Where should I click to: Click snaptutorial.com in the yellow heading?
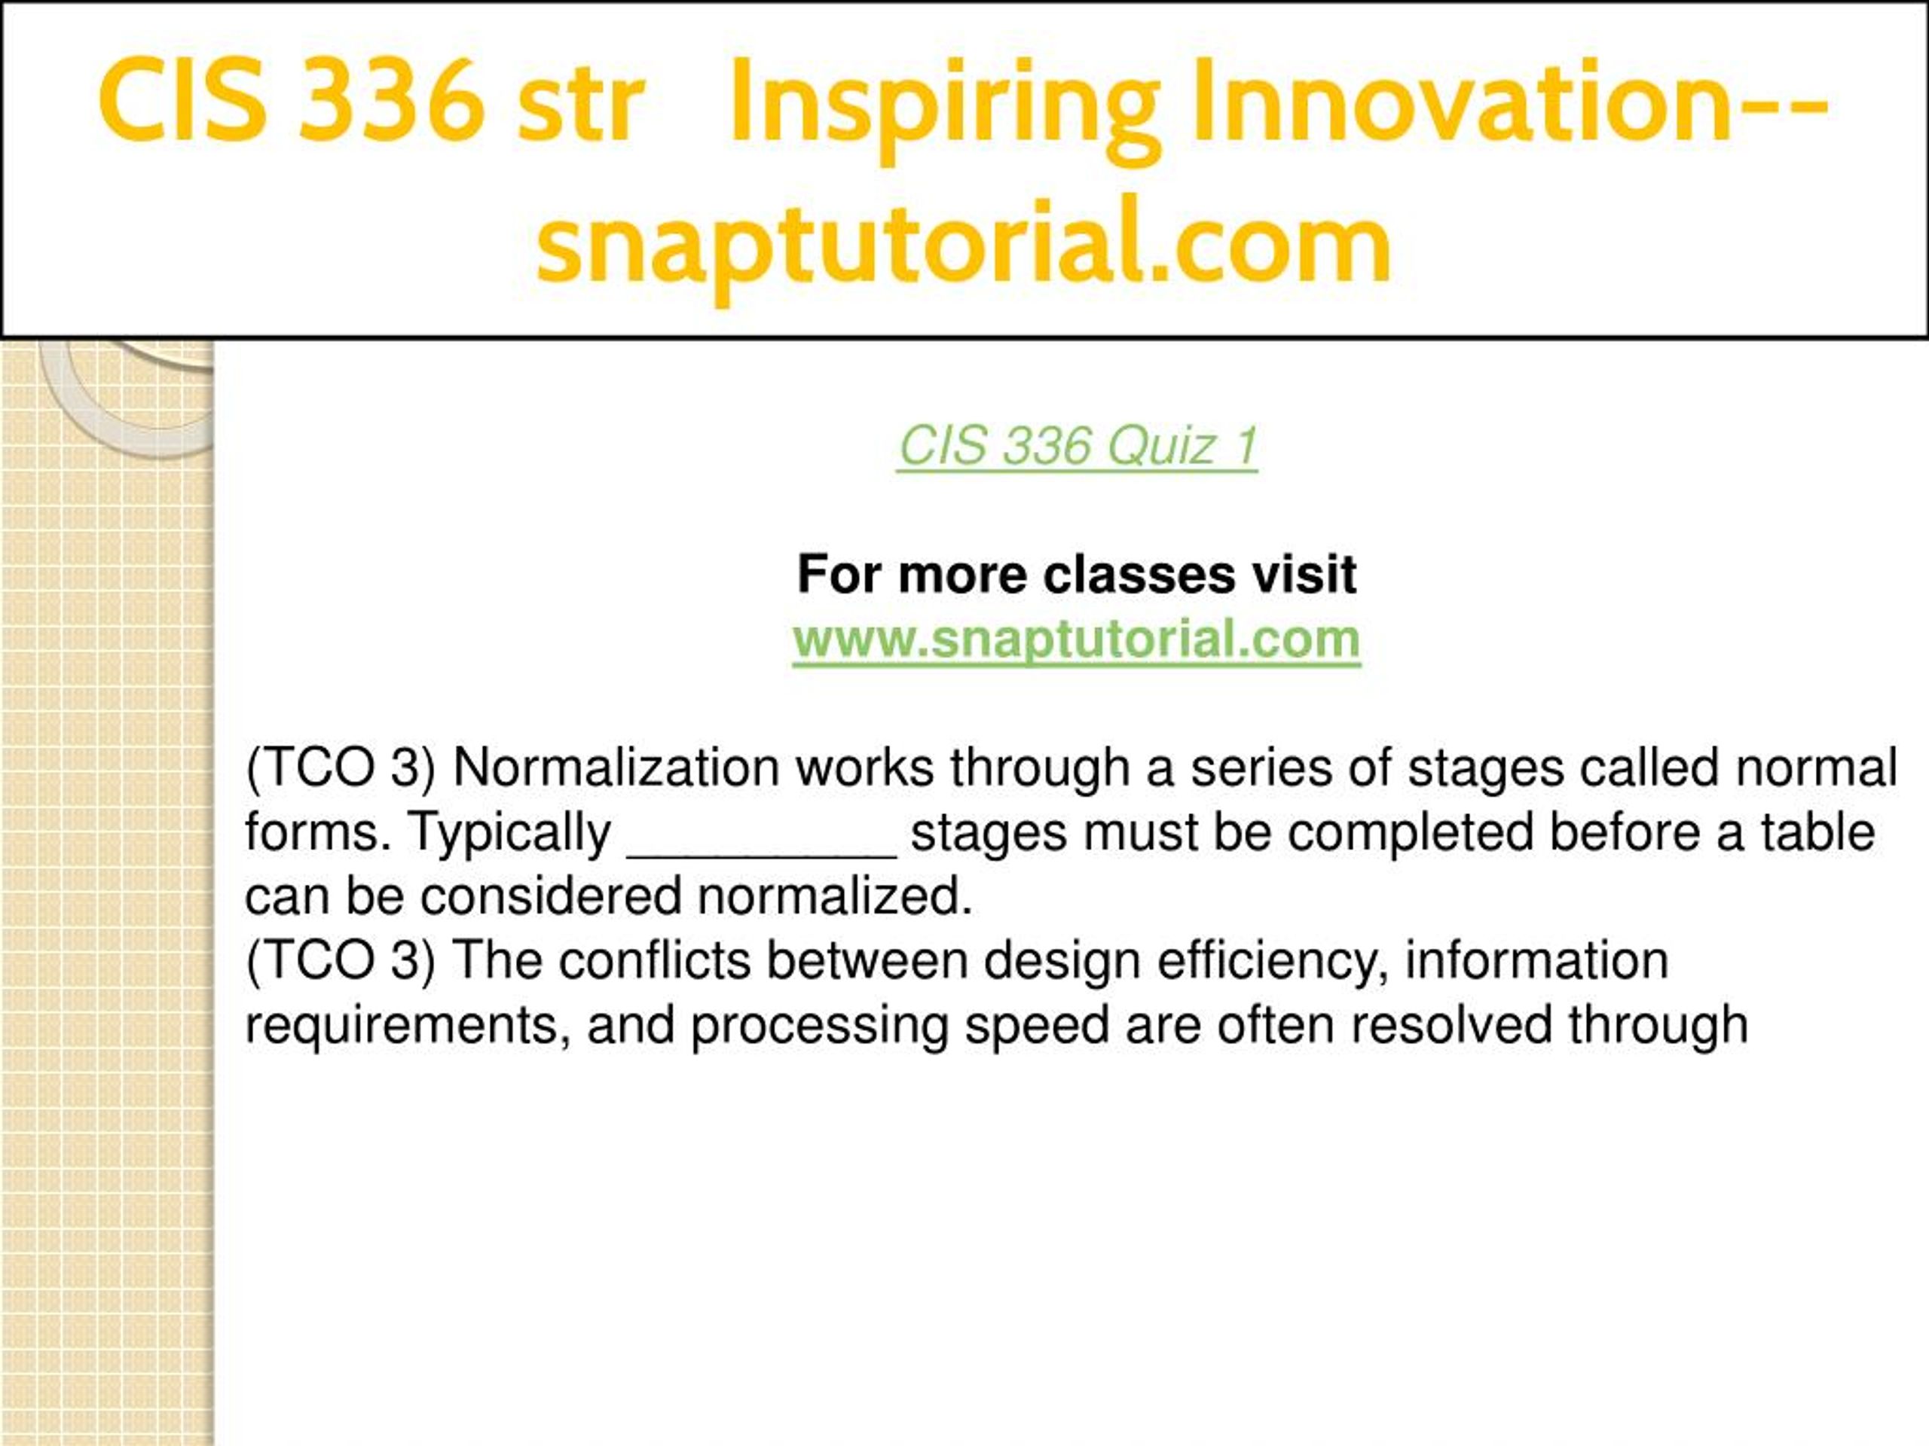click(964, 242)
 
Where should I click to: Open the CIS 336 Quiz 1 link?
click(1078, 447)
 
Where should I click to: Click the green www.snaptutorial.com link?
click(1077, 639)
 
